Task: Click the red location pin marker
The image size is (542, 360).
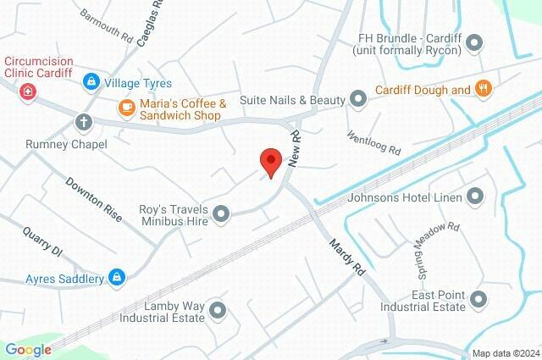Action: click(x=270, y=161)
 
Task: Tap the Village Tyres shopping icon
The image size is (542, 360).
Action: click(x=90, y=83)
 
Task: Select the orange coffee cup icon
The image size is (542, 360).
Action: click(x=125, y=107)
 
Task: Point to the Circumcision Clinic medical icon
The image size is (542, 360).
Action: click(x=28, y=90)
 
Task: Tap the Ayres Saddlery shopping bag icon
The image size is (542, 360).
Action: click(x=118, y=277)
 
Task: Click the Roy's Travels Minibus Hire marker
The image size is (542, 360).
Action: click(x=221, y=214)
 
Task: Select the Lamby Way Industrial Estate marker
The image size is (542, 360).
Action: click(x=217, y=311)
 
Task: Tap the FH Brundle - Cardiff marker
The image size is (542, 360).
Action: click(x=474, y=42)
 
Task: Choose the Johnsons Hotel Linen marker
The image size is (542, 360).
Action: click(x=475, y=198)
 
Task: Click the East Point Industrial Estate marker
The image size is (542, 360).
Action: click(x=479, y=299)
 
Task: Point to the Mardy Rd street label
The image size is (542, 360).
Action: click(x=346, y=259)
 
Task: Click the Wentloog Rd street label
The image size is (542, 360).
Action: click(x=373, y=142)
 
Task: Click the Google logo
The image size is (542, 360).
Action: click(x=28, y=349)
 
